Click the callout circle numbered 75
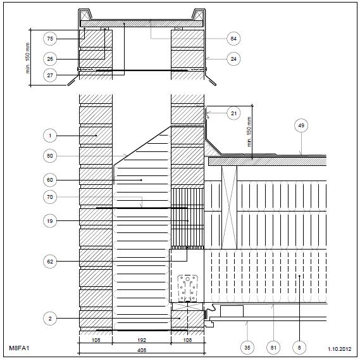[x=50, y=39]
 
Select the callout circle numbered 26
[x=50, y=59]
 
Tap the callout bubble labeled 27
[x=50, y=75]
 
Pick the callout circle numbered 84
[x=233, y=39]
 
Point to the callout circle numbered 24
[x=233, y=59]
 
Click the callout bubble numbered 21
[x=233, y=113]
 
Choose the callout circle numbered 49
[x=301, y=125]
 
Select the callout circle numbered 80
[x=50, y=156]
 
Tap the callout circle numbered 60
[x=50, y=180]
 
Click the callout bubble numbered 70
[x=50, y=197]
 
